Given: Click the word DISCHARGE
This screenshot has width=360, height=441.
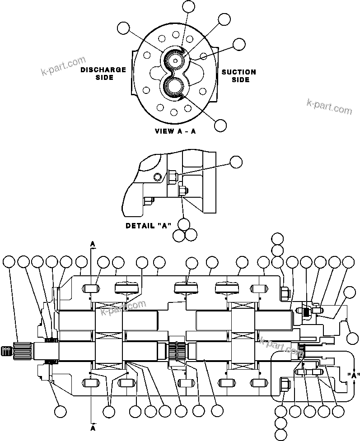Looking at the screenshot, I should point(103,70).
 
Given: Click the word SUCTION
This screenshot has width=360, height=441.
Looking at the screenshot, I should point(238,72).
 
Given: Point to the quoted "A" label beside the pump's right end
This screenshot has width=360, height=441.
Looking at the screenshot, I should point(353,375).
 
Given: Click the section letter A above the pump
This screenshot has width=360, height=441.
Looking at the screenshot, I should point(93,244).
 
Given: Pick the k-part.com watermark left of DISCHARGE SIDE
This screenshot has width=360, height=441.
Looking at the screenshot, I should point(63,66).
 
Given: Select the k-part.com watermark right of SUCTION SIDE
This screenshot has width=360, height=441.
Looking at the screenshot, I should point(329,107).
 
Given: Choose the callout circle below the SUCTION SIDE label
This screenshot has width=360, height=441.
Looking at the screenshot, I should point(220,125).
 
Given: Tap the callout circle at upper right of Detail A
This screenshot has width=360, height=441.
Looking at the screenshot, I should point(236,162).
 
